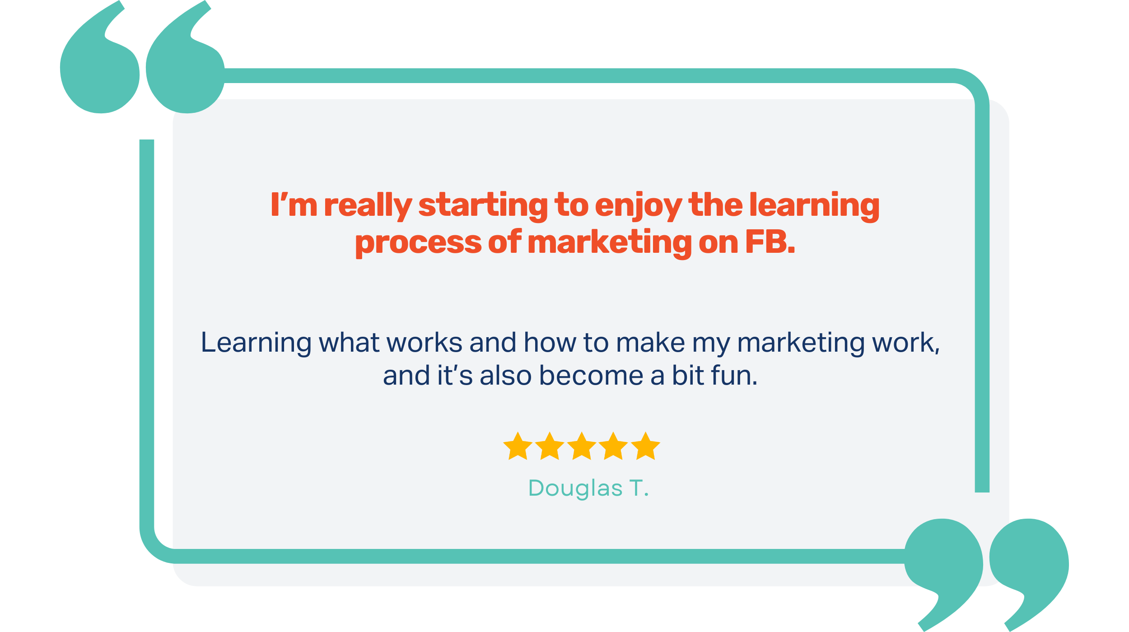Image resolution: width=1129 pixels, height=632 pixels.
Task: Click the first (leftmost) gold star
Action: pos(518,446)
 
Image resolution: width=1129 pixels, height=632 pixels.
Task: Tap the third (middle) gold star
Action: pos(582,446)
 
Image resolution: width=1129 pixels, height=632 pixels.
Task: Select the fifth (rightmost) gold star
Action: pos(645,446)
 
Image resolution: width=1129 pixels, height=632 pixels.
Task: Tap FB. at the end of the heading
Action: pos(770,242)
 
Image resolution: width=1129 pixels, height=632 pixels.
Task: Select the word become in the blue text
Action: pos(591,375)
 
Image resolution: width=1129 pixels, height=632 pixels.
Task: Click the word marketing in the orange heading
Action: pos(610,243)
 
